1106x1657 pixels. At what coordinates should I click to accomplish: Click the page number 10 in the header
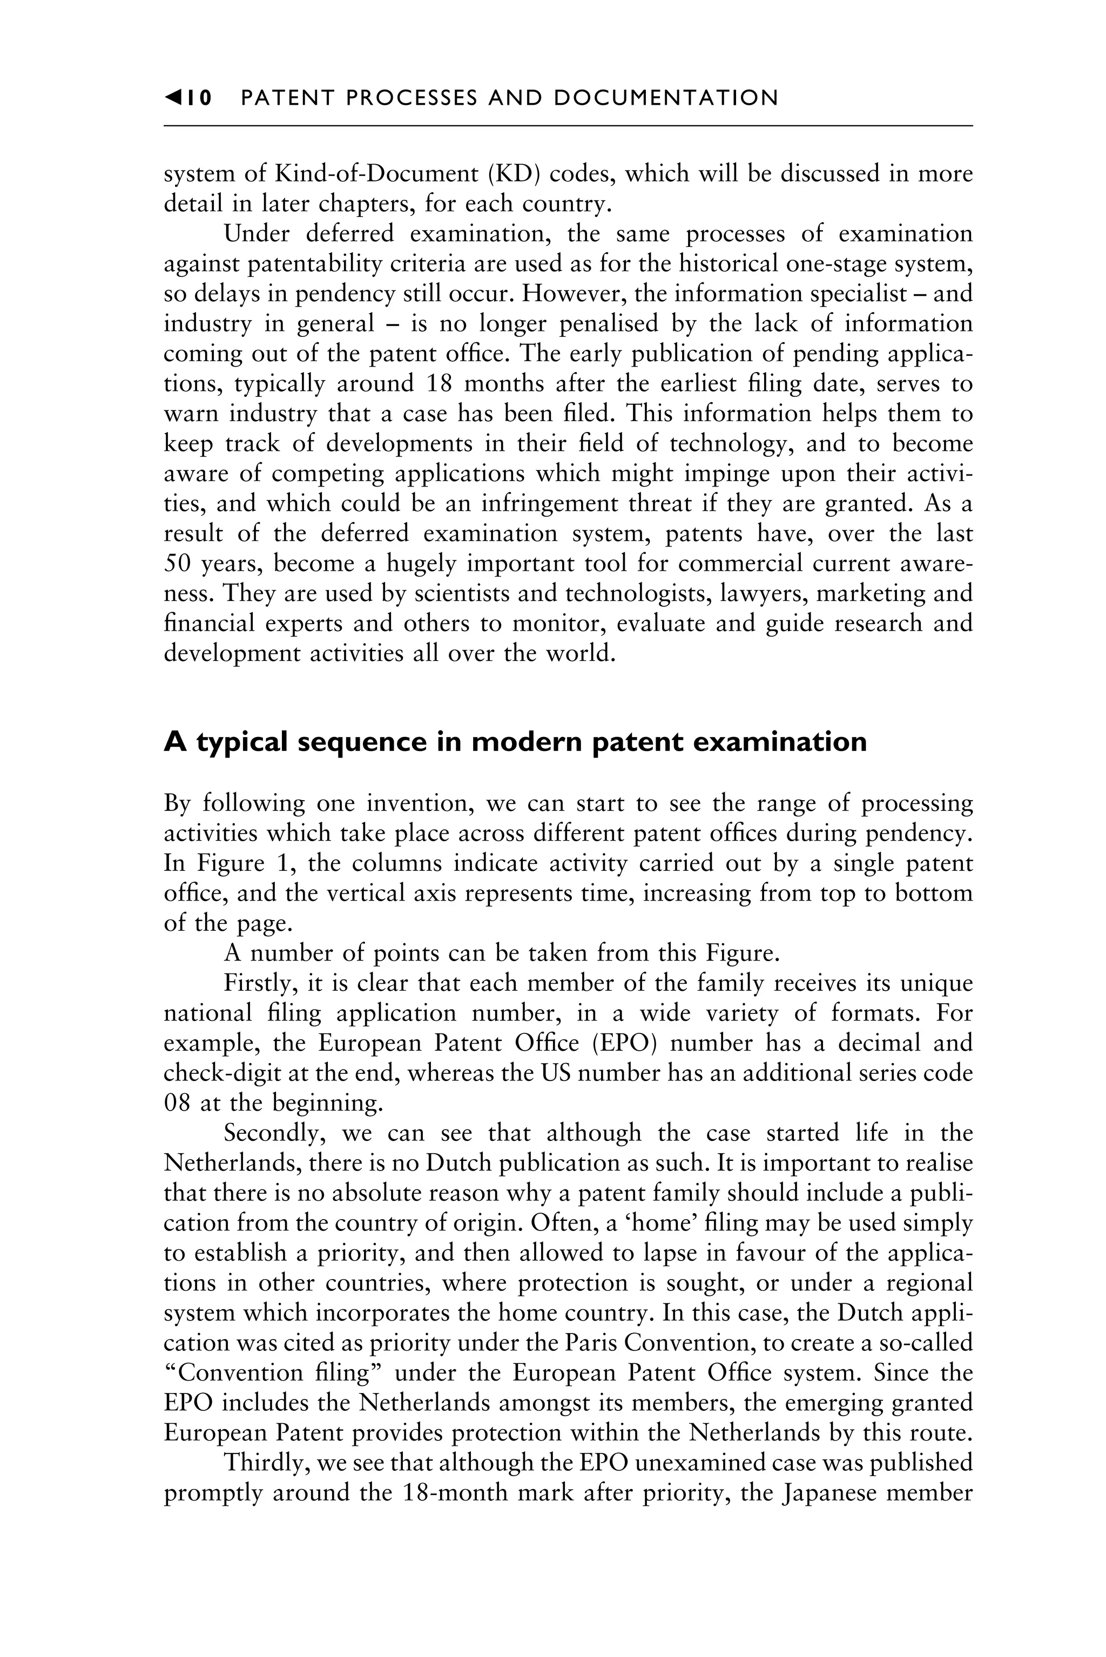tap(199, 98)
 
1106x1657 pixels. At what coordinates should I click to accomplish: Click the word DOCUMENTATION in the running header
tap(666, 98)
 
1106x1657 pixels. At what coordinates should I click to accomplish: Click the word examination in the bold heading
tap(792, 742)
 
